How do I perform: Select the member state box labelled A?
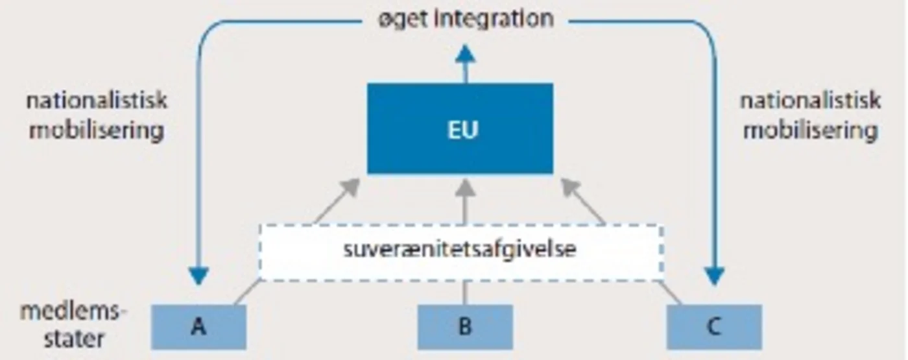pyautogui.click(x=198, y=327)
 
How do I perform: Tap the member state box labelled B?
pyautogui.click(x=464, y=327)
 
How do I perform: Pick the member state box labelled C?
pyautogui.click(x=714, y=327)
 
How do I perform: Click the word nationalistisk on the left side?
pyautogui.click(x=97, y=101)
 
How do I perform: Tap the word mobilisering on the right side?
pyautogui.click(x=810, y=131)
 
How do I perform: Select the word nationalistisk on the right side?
pyautogui.click(x=810, y=101)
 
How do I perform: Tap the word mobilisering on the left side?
pyautogui.click(x=97, y=131)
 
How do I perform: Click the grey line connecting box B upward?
pyautogui.click(x=464, y=293)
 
